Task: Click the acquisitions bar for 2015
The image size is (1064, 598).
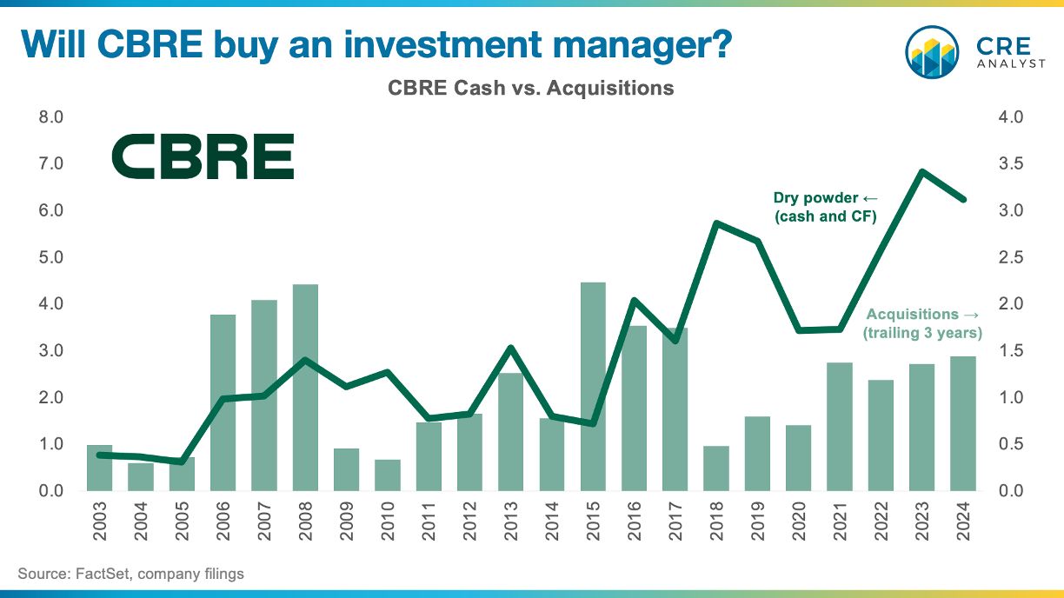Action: [593, 387]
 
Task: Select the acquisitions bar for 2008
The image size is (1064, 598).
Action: [305, 388]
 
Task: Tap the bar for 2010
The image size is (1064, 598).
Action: [387, 475]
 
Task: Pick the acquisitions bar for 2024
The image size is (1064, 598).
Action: [963, 423]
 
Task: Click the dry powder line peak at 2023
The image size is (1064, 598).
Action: [921, 171]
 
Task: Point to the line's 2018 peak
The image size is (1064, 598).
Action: [716, 223]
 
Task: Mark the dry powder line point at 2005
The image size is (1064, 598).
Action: [182, 462]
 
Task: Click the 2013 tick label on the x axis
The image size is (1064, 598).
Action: [510, 522]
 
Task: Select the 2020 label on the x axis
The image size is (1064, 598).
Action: [799, 522]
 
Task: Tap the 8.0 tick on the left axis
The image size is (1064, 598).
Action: [50, 116]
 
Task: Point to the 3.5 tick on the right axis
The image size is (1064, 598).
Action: [1011, 163]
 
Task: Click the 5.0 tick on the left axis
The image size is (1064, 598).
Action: [50, 257]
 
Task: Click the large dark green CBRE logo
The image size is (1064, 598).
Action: [203, 156]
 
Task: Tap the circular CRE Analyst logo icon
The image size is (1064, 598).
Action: [932, 52]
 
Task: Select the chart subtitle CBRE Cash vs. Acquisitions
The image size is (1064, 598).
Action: [530, 88]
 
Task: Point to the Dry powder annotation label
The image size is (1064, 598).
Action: [826, 207]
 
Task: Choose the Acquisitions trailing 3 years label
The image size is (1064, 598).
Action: [922, 323]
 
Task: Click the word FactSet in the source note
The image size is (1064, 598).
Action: [102, 574]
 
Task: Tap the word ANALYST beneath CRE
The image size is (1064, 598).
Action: [1011, 63]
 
